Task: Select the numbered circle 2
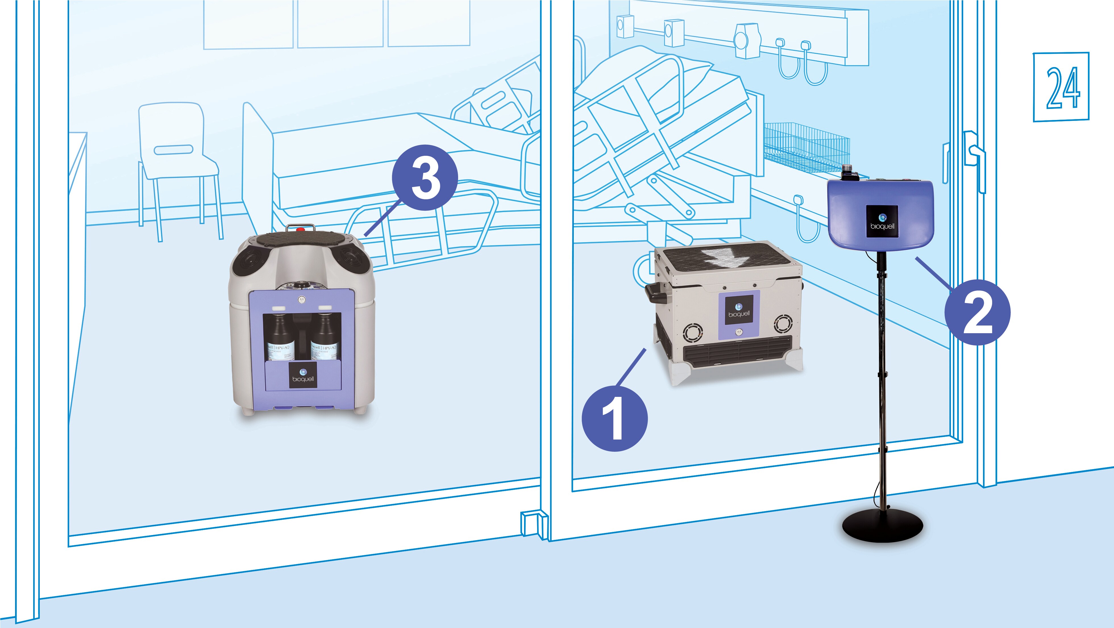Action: click(977, 312)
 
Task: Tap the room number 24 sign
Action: click(1061, 87)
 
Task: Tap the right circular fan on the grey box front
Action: click(783, 324)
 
